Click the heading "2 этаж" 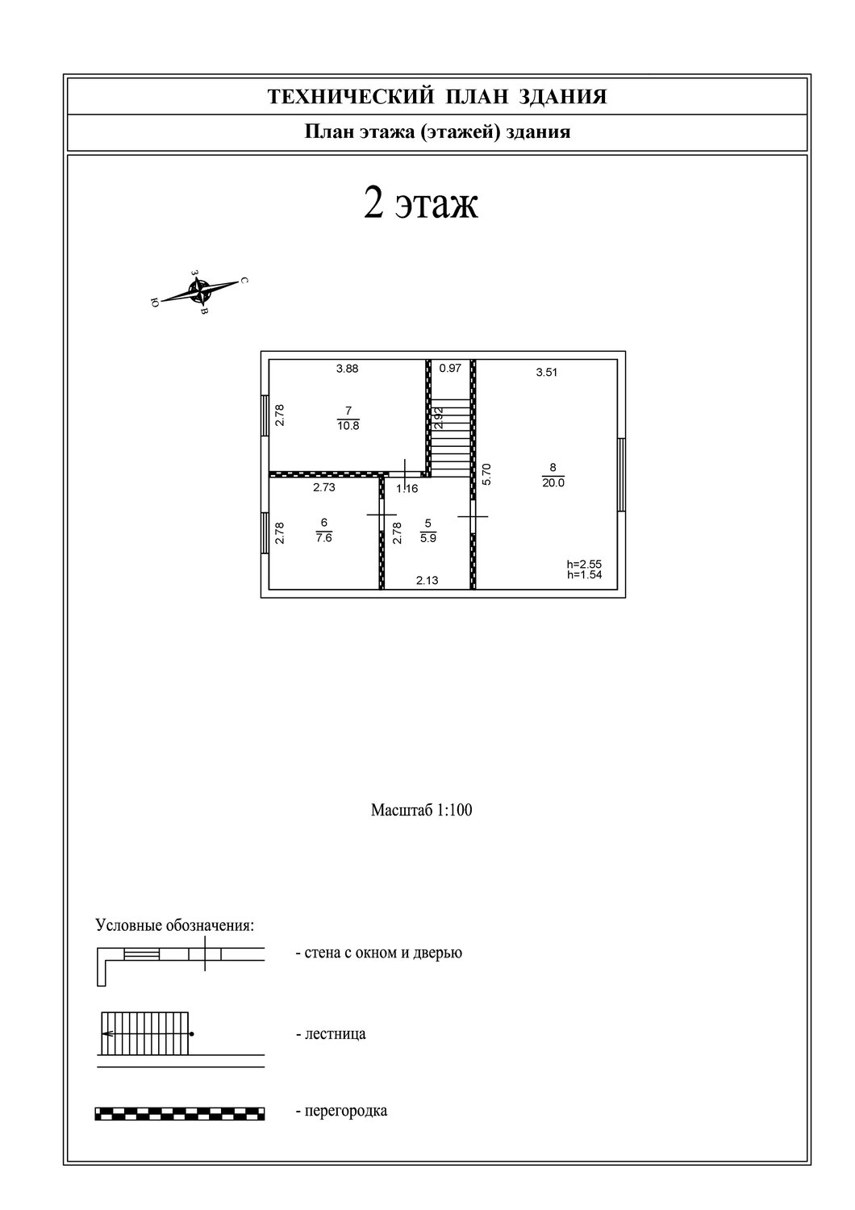pos(421,203)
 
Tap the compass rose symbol pos(199,291)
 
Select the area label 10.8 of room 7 pos(348,425)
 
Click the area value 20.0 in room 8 pos(553,482)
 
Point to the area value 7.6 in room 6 pos(324,537)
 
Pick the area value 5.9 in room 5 pos(428,538)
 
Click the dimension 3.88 pos(347,369)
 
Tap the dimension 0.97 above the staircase pos(450,368)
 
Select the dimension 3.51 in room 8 pos(547,372)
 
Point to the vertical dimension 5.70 pos(486,474)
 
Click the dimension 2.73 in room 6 pos(324,486)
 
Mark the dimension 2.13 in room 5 pos(427,580)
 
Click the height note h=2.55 pos(584,564)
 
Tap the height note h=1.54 pos(585,574)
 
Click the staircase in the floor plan pos(450,438)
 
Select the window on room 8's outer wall pos(621,474)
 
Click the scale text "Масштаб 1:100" pos(421,810)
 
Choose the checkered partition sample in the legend pos(180,1113)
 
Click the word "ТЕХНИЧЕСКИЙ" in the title pos(351,97)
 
